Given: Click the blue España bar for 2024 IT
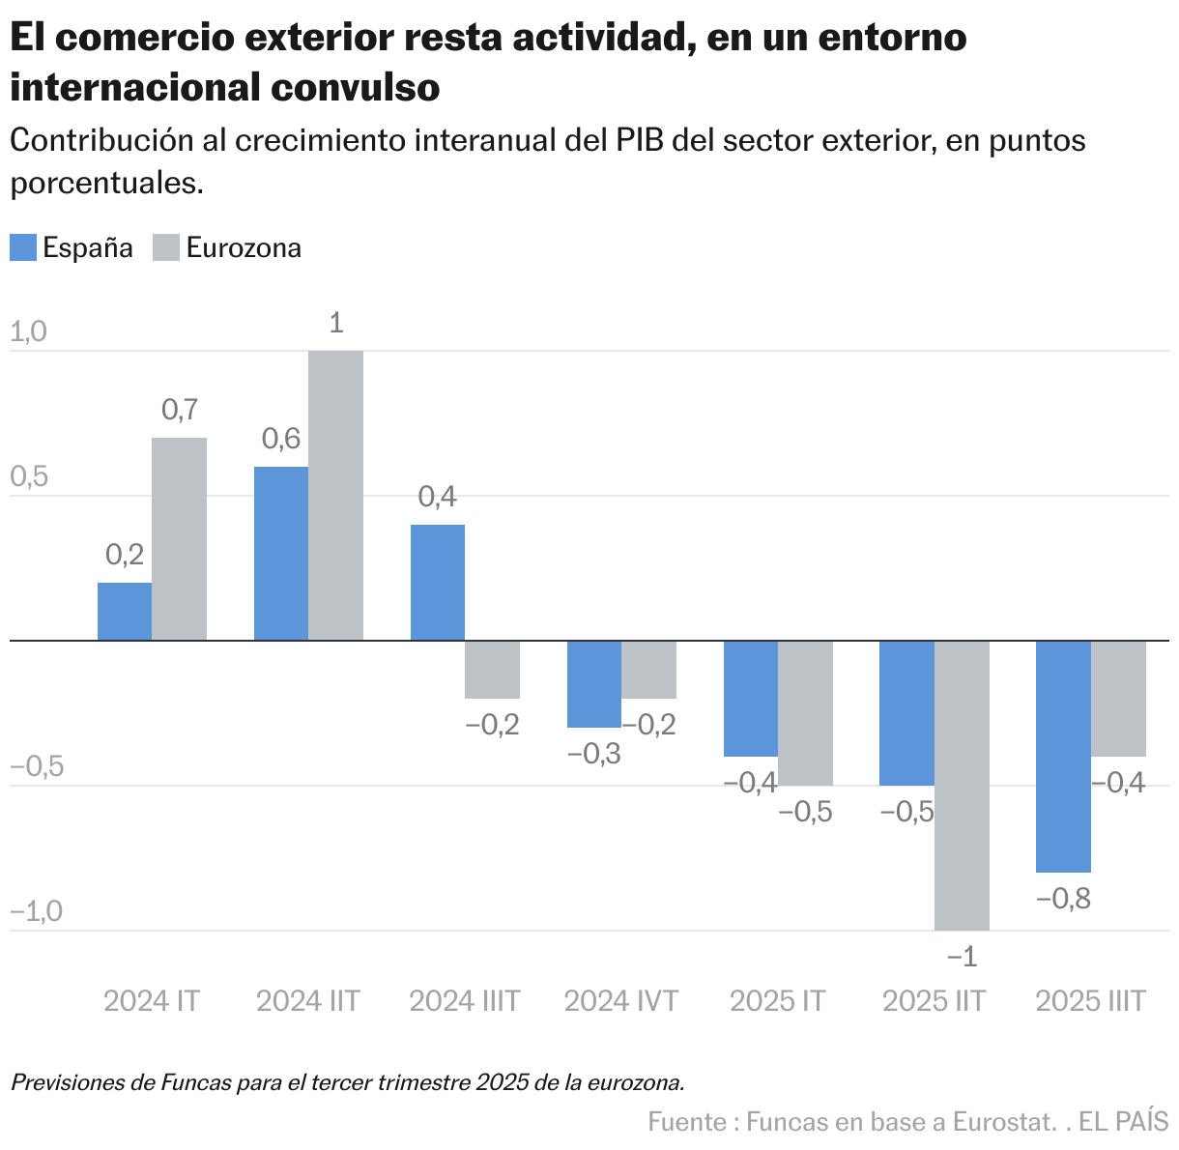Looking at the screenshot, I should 125,611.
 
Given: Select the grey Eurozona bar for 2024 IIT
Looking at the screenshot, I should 335,495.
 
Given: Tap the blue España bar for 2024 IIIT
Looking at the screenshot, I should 438,582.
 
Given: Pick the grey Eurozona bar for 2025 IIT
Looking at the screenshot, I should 962,785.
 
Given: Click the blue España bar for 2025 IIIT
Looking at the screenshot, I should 1063,756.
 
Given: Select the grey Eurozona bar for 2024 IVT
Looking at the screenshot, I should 648,669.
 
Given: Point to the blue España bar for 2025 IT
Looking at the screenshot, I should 751,698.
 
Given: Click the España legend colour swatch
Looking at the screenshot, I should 23,247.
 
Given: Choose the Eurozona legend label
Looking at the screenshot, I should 244,247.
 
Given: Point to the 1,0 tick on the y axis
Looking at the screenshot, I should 28,331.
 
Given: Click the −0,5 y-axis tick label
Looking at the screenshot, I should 37,766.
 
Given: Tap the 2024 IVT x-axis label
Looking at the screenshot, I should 621,1000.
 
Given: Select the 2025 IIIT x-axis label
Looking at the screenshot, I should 1090,1000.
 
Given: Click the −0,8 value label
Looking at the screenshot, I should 1063,899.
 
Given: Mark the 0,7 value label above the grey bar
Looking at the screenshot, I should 180,410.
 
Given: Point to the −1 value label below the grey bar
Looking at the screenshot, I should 962,957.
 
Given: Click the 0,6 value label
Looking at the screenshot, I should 281,439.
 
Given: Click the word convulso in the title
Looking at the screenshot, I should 355,87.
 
